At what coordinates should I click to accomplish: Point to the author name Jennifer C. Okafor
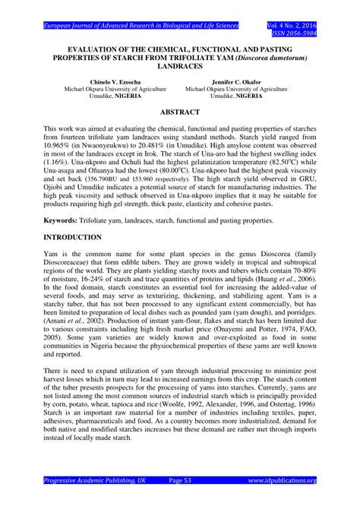(235, 80)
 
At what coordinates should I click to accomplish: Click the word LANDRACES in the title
(179, 67)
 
